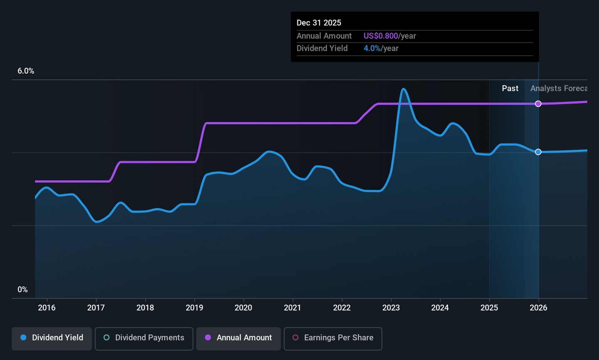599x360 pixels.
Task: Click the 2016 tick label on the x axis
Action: tap(47, 308)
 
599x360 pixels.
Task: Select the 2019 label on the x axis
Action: tap(194, 308)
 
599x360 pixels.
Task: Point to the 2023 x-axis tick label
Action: tap(391, 308)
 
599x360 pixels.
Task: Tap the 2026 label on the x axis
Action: tap(538, 308)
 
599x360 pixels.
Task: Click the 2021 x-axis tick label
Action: tap(292, 308)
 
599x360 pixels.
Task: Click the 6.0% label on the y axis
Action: tap(26, 71)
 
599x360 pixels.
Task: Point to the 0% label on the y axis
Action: tap(22, 290)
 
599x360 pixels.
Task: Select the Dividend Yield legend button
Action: tap(52, 338)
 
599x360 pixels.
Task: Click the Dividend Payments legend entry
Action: tap(144, 338)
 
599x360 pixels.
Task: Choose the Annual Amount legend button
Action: tap(238, 338)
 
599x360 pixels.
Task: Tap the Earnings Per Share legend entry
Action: tap(333, 338)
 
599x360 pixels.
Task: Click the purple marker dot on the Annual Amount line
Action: tap(538, 104)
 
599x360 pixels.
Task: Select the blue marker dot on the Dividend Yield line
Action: tap(538, 152)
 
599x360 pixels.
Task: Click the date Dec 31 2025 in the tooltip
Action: tap(319, 23)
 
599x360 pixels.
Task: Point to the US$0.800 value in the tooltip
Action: tap(381, 36)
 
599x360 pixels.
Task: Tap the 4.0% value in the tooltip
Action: tap(372, 49)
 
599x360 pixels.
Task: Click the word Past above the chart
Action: tap(510, 89)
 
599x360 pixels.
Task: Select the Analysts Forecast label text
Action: tap(559, 89)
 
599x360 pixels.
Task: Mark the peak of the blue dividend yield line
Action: tap(403, 89)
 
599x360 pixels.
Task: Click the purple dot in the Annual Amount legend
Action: tap(208, 338)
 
